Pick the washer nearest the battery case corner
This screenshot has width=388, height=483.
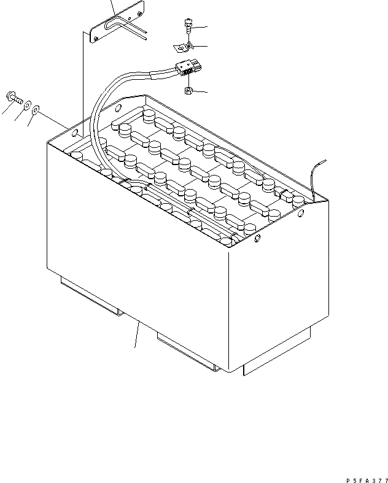click(37, 110)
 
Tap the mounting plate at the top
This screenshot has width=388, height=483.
click(117, 25)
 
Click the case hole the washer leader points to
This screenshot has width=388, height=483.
click(75, 132)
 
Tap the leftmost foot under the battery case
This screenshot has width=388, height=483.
click(89, 301)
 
